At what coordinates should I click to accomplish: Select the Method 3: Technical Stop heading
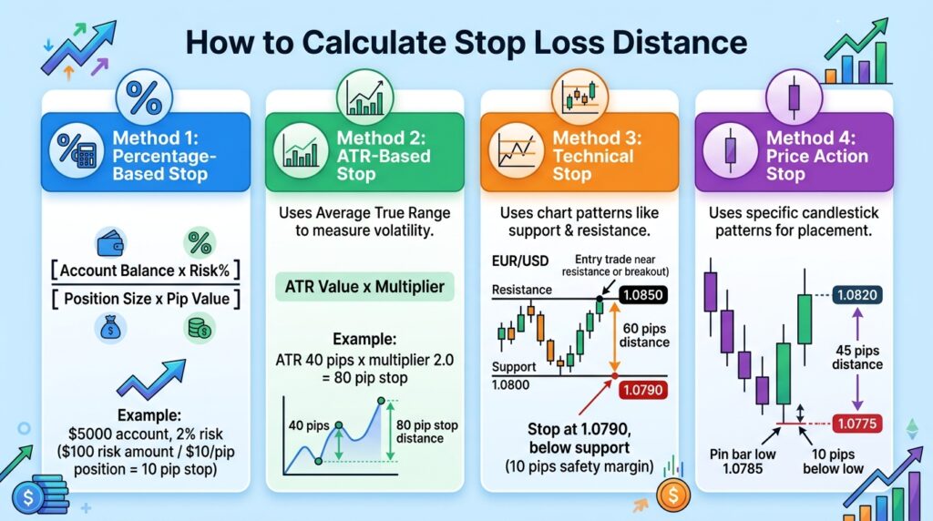coord(598,156)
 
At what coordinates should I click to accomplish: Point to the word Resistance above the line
coord(522,290)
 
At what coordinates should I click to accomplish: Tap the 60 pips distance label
coord(643,334)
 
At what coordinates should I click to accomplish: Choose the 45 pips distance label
coord(857,356)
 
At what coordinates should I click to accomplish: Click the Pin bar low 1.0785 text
coord(743,461)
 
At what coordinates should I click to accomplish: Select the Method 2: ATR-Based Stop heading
coord(379,156)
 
